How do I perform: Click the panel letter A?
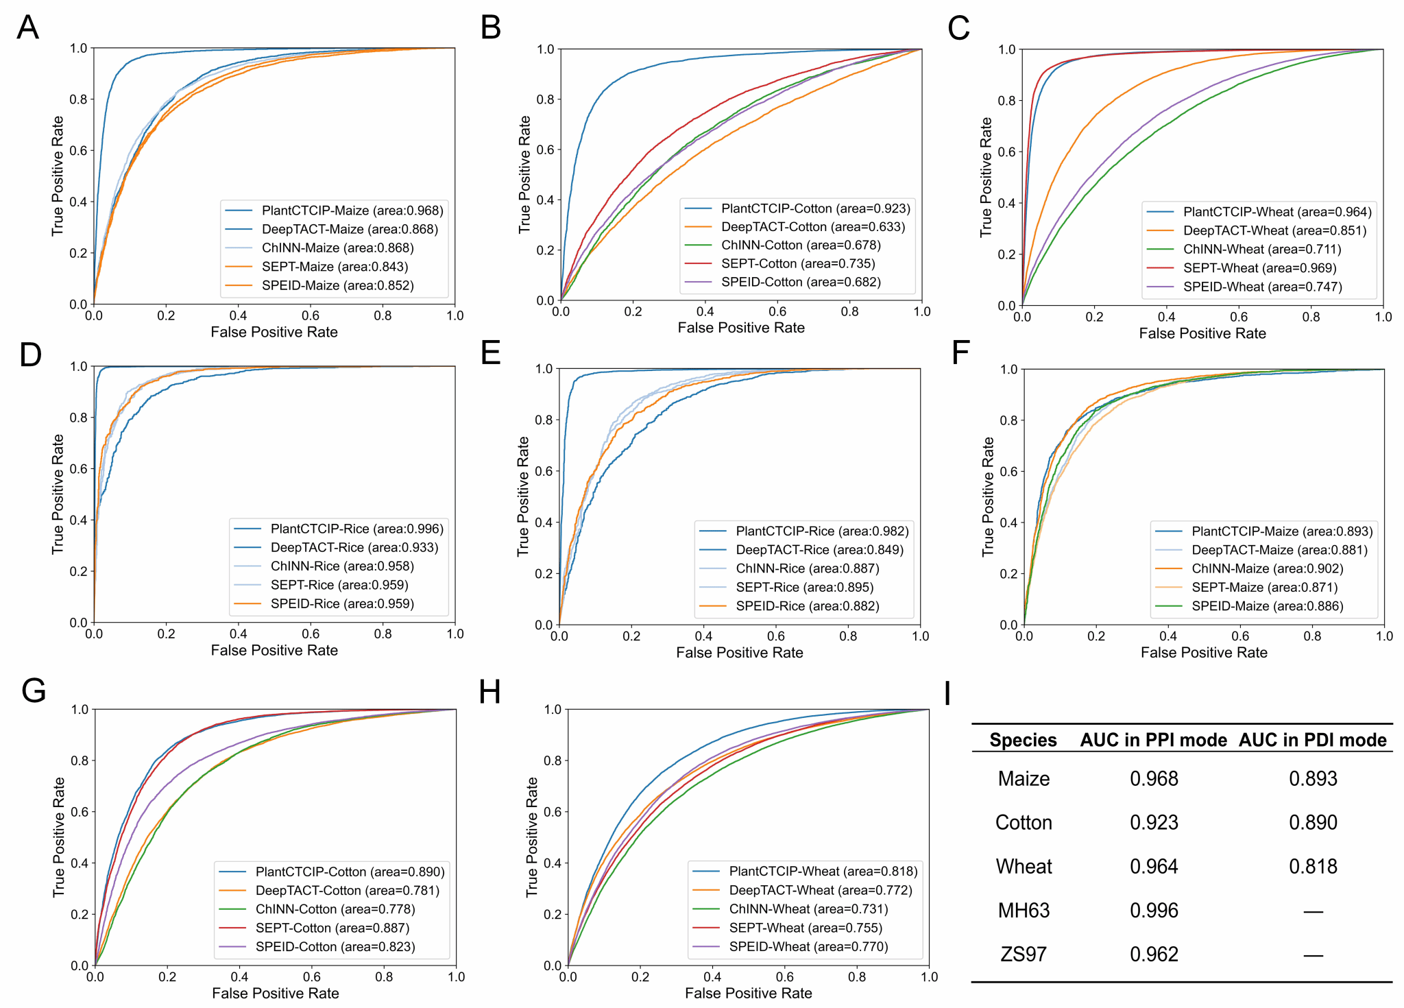(27, 28)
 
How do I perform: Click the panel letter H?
(489, 692)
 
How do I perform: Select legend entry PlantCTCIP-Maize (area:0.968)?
(352, 211)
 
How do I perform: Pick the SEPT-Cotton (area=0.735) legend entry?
(798, 263)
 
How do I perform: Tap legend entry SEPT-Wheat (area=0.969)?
(1259, 268)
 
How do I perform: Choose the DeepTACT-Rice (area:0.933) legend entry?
(354, 547)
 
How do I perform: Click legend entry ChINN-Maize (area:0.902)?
(1267, 568)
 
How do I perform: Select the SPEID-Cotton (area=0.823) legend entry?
(335, 946)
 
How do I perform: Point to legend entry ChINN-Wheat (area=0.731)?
(808, 909)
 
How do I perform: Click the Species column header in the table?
(1023, 740)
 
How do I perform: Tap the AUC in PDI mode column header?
(1312, 740)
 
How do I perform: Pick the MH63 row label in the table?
(1024, 910)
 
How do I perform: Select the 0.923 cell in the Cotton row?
(1154, 822)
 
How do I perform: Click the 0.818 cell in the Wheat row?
(1313, 866)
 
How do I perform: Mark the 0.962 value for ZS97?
(1154, 954)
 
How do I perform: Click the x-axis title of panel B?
(740, 328)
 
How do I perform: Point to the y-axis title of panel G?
(58, 837)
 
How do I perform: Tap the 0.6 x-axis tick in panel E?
(776, 636)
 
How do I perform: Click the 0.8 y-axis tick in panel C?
(1006, 100)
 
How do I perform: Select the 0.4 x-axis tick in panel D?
(238, 634)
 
